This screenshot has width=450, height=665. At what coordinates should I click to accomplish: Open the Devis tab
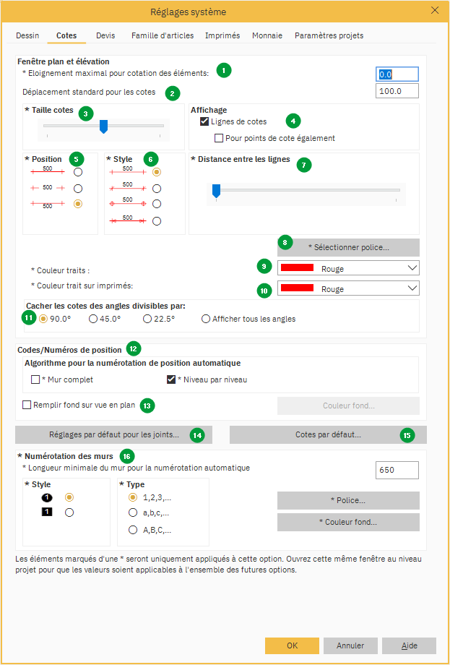[105, 35]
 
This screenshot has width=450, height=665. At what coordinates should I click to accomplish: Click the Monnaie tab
[267, 35]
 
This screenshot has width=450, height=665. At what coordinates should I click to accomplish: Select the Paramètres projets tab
[329, 35]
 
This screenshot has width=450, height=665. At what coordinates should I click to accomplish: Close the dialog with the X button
[435, 11]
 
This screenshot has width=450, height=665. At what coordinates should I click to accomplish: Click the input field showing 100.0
[397, 91]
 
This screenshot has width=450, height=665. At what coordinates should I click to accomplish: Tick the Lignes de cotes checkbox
[204, 121]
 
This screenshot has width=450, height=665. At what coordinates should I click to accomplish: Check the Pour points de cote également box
[219, 138]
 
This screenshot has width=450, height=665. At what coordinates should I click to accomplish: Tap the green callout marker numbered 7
[304, 164]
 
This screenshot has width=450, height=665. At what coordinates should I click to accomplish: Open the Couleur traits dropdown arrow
[411, 268]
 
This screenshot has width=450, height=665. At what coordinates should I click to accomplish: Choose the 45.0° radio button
[93, 319]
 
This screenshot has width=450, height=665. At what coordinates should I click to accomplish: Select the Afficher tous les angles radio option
[206, 319]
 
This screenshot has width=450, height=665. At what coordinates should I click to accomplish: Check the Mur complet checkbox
[35, 379]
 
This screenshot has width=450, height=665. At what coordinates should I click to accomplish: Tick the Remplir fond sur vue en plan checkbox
[27, 405]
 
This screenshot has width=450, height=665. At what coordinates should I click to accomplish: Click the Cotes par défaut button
[328, 434]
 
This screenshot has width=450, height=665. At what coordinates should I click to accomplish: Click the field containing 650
[397, 470]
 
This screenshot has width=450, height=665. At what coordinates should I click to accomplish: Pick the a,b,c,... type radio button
[133, 512]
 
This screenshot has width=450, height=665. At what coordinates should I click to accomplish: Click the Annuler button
[350, 645]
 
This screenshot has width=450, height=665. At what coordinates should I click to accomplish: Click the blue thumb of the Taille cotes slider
[104, 126]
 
